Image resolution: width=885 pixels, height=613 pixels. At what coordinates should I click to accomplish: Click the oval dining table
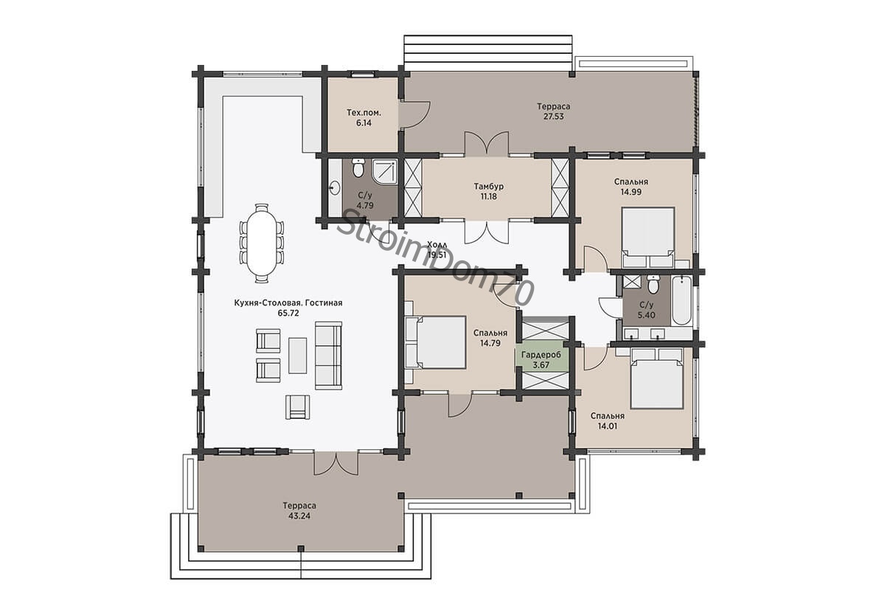261,243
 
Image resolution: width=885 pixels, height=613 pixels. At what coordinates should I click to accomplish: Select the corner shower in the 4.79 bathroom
385,172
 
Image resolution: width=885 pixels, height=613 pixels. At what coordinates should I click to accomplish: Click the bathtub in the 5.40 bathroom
681,301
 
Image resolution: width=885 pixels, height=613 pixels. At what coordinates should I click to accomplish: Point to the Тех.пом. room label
364,113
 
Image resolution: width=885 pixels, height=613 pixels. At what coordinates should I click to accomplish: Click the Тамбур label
489,186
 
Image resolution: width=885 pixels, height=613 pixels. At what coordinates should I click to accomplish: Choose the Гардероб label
541,355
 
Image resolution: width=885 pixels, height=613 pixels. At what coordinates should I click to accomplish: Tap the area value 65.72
288,313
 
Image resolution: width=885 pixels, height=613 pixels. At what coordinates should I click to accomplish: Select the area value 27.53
553,117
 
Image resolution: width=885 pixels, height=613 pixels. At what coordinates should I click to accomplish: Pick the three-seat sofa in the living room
328,356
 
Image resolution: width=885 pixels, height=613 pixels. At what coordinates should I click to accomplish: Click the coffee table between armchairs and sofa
297,356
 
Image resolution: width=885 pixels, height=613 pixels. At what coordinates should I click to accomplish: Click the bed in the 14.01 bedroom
656,378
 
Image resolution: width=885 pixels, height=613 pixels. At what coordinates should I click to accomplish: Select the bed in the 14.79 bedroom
436,342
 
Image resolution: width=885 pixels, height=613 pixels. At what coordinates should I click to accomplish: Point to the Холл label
437,245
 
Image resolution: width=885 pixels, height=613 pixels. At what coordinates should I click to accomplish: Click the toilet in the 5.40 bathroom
653,284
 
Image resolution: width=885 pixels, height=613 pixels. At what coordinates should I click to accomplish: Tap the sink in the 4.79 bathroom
335,188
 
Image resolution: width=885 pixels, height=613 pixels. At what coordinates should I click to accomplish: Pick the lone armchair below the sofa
297,407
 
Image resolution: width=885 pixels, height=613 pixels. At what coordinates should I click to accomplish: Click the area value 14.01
608,426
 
